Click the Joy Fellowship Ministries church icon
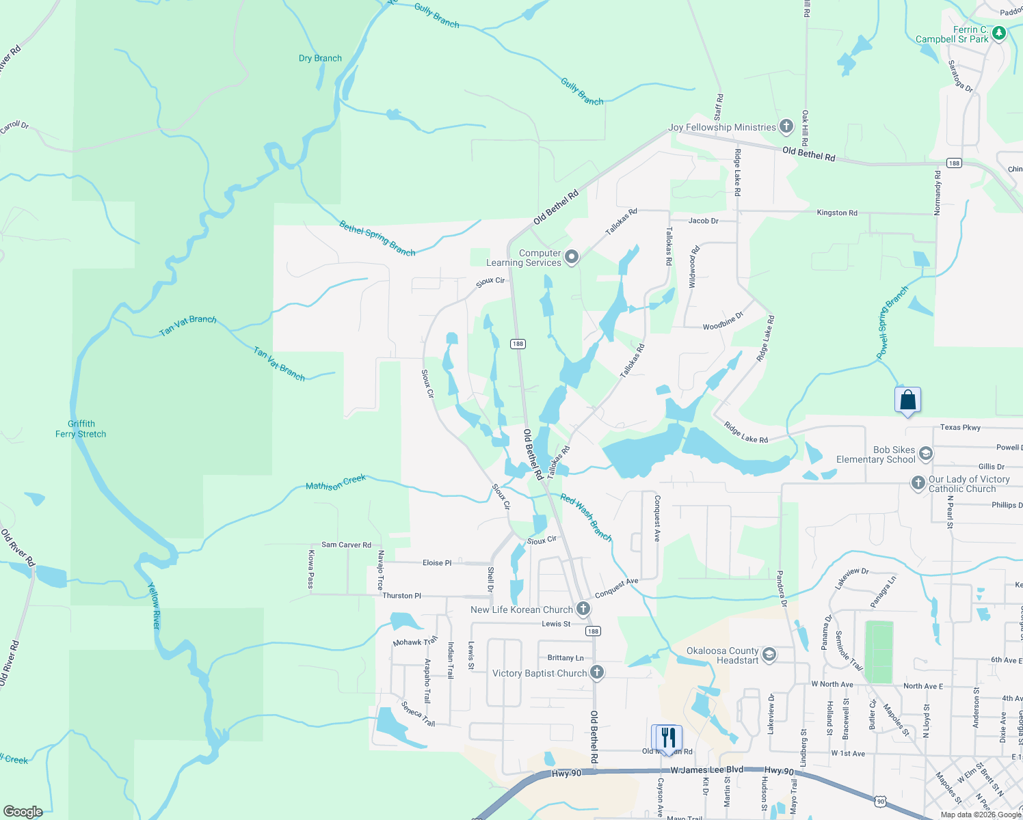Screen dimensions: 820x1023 786,126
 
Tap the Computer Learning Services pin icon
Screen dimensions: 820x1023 572,257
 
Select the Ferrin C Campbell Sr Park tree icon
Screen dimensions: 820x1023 999,33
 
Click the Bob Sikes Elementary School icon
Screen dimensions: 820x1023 925,454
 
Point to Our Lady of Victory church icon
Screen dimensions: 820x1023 918,483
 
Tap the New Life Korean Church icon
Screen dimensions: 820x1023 583,608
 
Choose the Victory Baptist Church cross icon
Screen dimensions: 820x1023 597,672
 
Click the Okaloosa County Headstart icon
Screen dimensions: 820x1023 769,655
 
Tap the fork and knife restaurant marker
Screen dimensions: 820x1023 669,737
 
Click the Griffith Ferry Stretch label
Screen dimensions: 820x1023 81,429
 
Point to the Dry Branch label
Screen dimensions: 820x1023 320,58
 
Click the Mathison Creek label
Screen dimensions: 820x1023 336,482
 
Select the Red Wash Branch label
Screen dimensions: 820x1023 586,517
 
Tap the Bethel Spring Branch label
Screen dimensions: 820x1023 377,238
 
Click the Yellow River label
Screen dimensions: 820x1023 155,605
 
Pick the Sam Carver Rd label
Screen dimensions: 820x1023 346,545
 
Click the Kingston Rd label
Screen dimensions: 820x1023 837,213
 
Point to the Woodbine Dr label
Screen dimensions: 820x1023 723,323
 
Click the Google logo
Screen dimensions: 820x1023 23,812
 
